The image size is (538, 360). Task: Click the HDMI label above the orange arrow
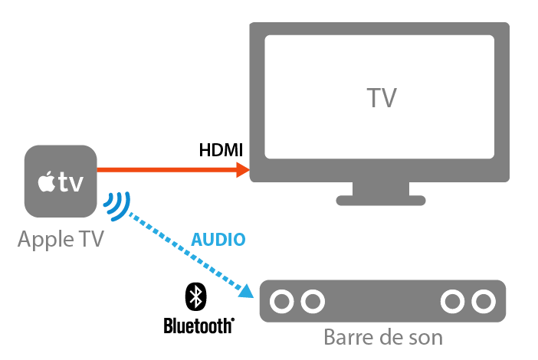221,150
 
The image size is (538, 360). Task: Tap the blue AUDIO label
218,240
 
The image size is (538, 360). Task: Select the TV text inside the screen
381,99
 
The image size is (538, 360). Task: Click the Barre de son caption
382,337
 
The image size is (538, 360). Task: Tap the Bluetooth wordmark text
198,326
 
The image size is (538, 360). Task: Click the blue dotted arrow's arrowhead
246,291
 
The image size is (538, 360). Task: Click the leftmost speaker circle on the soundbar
283,300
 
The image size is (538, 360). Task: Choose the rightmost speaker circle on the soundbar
483,300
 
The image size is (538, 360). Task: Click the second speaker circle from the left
311,300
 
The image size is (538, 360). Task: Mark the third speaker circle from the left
454,300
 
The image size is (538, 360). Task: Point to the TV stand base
381,200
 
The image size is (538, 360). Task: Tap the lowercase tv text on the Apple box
71,183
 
